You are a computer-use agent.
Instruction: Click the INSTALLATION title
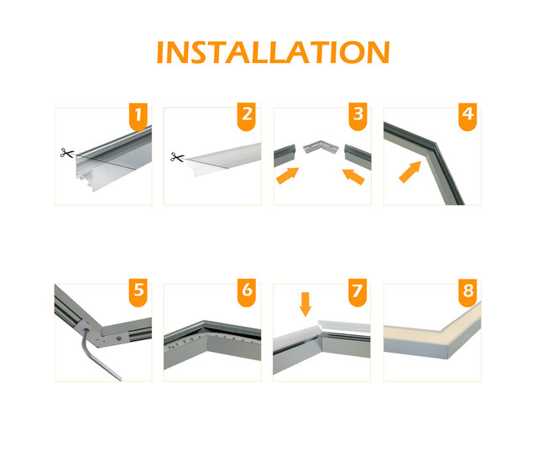273,51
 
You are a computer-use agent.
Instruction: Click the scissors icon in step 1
66,153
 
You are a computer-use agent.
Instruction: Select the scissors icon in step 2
176,156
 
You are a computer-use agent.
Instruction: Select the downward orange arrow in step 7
305,303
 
